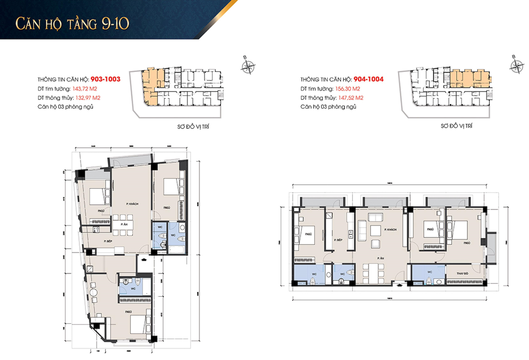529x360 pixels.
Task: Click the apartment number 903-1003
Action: point(105,79)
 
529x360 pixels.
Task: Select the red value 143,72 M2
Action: point(85,89)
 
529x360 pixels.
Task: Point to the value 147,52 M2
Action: point(350,98)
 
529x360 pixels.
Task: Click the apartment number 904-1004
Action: point(368,79)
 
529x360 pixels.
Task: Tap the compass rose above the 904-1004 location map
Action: point(516,66)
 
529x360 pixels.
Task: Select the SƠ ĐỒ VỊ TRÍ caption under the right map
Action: point(456,126)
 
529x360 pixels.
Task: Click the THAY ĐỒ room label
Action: point(462,273)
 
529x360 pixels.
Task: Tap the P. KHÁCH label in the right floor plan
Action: point(390,229)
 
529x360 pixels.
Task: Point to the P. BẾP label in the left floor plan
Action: point(108,241)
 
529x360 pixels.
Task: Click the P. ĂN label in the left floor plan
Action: point(124,224)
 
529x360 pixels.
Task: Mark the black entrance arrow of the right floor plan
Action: point(399,285)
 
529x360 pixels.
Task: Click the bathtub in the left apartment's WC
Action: point(177,249)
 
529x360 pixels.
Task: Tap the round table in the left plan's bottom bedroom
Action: point(94,292)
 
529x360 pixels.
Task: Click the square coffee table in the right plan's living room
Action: point(376,230)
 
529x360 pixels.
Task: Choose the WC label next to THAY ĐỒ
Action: point(429,272)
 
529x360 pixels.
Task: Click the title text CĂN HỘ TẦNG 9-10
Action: point(72,24)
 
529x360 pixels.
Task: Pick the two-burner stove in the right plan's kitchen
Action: point(350,234)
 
